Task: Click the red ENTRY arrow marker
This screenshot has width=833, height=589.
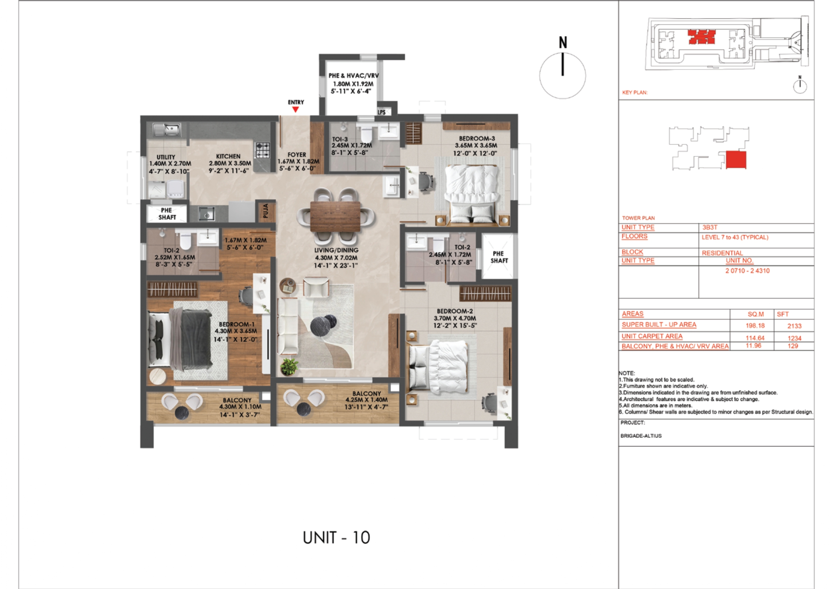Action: [x=295, y=109]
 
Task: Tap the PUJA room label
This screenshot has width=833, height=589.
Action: [x=266, y=211]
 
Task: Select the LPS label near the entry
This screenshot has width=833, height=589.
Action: [x=382, y=112]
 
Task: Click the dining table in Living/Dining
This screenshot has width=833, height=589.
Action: [x=336, y=216]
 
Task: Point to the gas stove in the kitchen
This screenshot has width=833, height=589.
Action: [x=263, y=150]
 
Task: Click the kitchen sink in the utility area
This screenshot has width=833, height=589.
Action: [x=167, y=129]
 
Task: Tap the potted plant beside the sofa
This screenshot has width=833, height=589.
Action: [x=289, y=366]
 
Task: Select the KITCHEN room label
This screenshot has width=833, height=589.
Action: [x=228, y=156]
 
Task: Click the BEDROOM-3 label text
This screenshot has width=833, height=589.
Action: [x=476, y=138]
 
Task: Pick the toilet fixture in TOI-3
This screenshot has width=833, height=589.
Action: [x=366, y=133]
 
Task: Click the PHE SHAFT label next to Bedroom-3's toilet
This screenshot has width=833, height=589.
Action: [x=499, y=257]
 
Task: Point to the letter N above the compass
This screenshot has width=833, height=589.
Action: [x=563, y=42]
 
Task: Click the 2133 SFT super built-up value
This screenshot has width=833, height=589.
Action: [x=794, y=326]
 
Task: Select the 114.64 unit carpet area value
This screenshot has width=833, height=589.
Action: [x=755, y=338]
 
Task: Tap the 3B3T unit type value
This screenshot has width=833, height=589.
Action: [x=710, y=227]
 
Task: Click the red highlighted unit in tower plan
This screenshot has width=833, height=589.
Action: [x=736, y=160]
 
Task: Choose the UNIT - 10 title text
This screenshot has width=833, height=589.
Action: [x=336, y=538]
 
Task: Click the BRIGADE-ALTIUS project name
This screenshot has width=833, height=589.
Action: [x=641, y=436]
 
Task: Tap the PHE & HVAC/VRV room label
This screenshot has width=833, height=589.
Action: [x=353, y=76]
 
